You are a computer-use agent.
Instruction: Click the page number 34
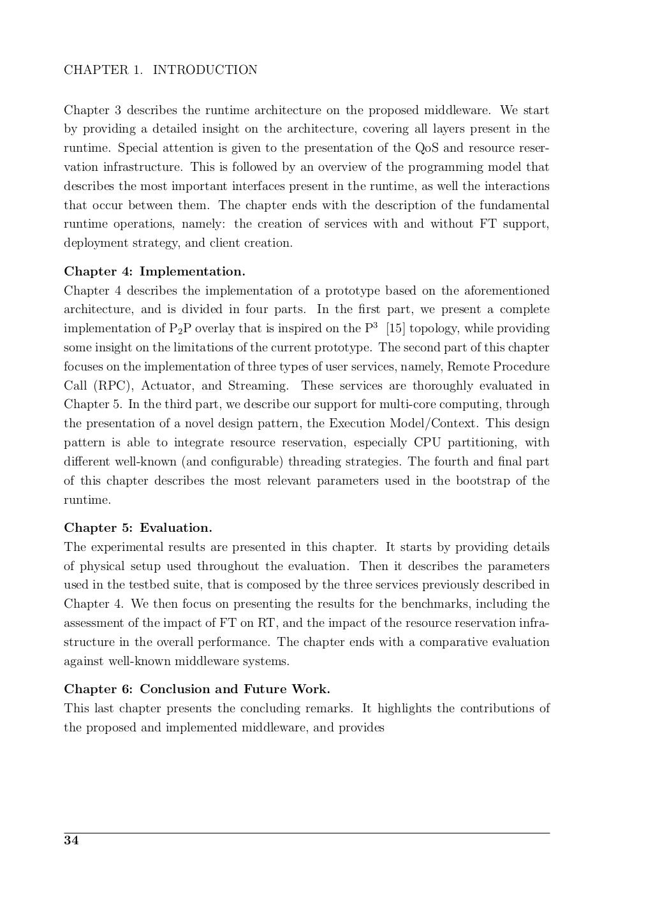point(71,840)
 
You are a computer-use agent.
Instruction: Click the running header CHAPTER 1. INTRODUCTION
point(160,70)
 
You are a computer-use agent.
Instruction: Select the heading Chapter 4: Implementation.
point(154,272)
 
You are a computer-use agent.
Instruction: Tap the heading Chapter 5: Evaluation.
point(138,528)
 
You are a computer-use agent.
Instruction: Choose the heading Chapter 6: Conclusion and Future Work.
point(197,689)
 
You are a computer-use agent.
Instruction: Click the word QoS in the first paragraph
point(427,149)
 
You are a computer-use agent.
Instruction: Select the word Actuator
point(162,386)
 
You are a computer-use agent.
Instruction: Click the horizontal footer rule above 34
point(306,832)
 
